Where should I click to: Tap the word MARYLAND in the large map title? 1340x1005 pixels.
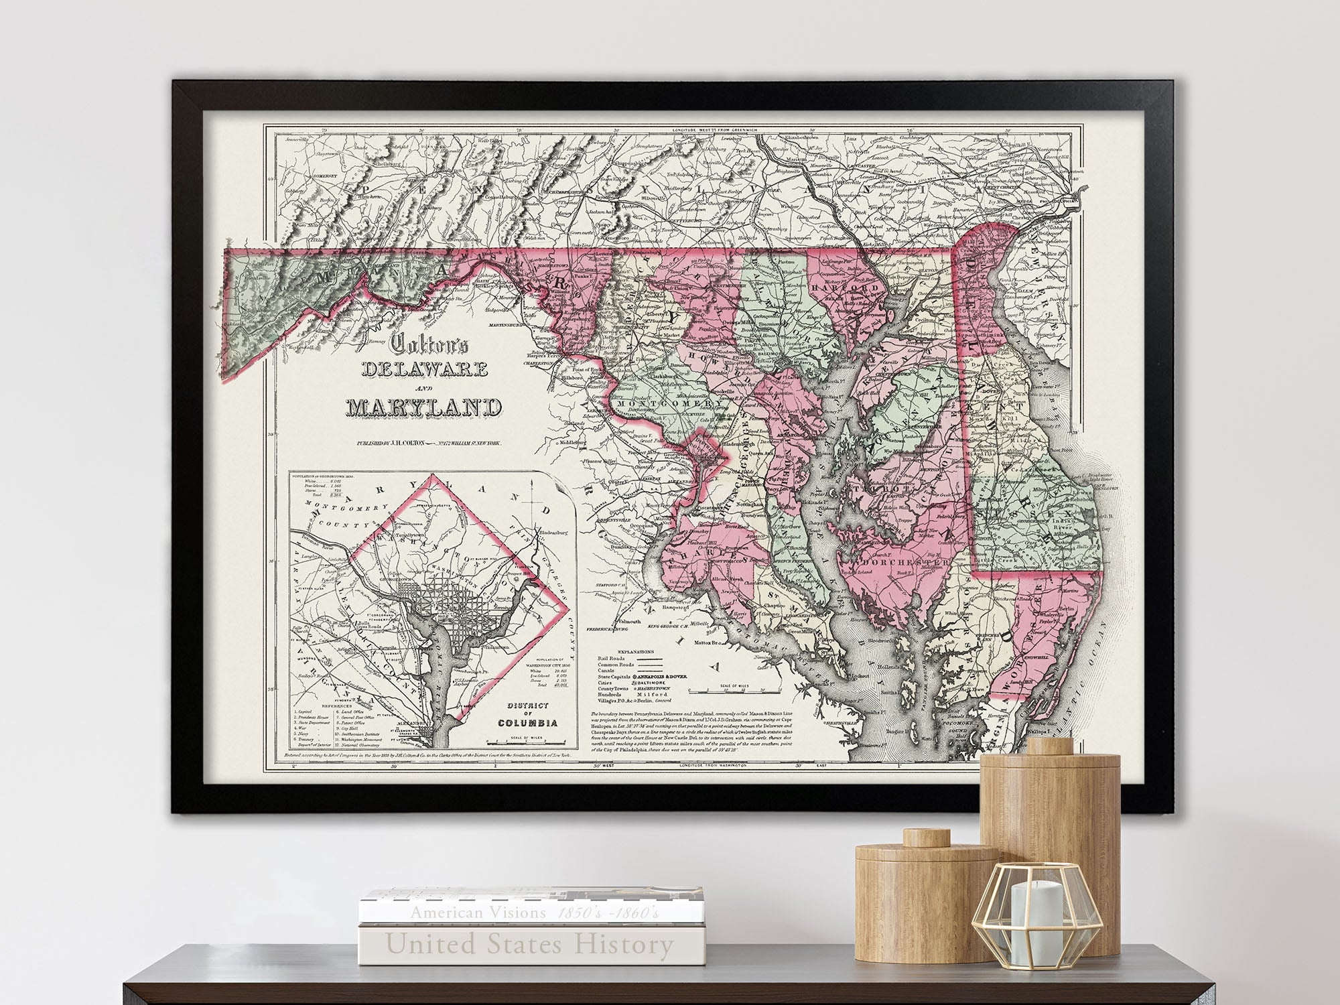[424, 407]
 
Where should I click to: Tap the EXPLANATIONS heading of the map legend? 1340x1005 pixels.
[636, 651]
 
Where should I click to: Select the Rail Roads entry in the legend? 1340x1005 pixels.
[611, 659]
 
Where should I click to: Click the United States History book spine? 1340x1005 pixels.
[529, 945]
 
